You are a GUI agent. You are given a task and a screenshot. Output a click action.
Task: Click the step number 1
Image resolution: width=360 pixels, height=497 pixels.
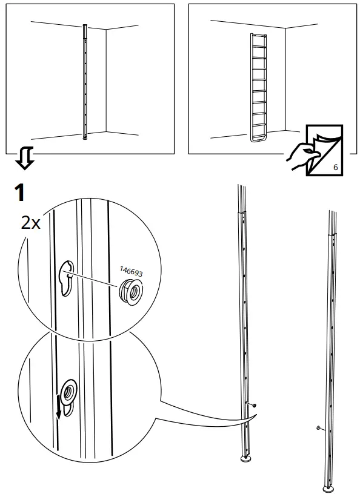click(19, 193)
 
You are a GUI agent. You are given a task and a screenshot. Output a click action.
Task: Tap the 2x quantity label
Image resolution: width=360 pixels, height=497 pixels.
click(30, 223)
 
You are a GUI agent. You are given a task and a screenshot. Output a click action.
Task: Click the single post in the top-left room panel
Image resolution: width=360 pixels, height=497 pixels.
click(85, 82)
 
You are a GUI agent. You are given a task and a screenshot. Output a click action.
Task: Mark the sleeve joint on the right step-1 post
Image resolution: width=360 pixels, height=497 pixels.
click(331, 233)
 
